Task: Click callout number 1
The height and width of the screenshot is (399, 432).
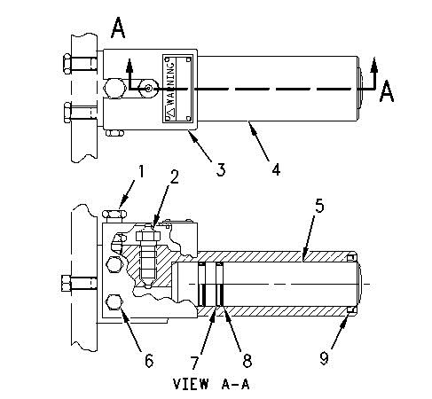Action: pyautogui.click(x=141, y=171)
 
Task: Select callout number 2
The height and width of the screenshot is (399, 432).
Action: pyautogui.click(x=174, y=176)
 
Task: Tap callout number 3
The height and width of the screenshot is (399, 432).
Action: pyautogui.click(x=221, y=169)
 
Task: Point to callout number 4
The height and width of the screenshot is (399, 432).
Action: pyautogui.click(x=276, y=169)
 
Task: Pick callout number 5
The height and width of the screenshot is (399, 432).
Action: pyautogui.click(x=319, y=206)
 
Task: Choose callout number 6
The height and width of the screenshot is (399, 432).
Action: pyautogui.click(x=149, y=360)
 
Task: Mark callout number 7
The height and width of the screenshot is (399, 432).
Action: pyautogui.click(x=194, y=362)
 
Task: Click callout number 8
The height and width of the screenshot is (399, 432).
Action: pyautogui.click(x=247, y=361)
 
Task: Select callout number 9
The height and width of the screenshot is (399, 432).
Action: pyautogui.click(x=324, y=358)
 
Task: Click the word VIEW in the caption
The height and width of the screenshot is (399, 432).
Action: pyautogui.click(x=191, y=384)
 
